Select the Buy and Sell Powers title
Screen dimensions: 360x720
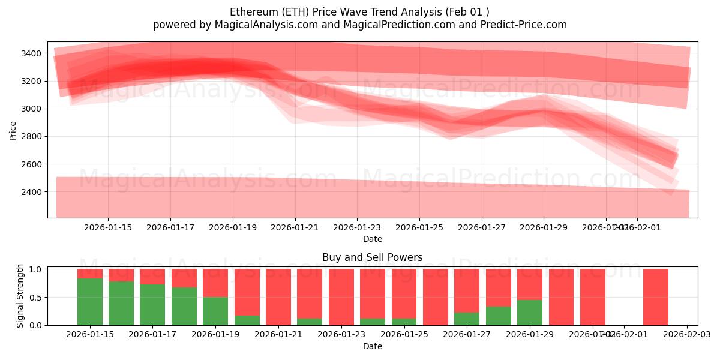[x=372, y=257]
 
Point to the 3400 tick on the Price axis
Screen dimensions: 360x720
[x=30, y=53]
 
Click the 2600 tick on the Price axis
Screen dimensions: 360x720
[x=30, y=164]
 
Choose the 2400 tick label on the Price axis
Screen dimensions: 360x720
[x=30, y=192]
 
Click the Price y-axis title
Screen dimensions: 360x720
[x=13, y=130]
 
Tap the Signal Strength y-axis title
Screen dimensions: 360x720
[x=20, y=295]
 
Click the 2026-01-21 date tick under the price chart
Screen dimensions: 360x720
[x=295, y=227]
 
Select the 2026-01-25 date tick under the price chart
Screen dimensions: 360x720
[x=419, y=227]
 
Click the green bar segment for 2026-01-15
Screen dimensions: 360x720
[x=90, y=302]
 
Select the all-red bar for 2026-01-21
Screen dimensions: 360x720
[x=278, y=297]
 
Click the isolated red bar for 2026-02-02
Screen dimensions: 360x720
[x=655, y=297]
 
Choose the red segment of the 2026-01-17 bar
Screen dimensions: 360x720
[x=152, y=276]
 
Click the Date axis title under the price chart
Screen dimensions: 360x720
[x=372, y=239]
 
